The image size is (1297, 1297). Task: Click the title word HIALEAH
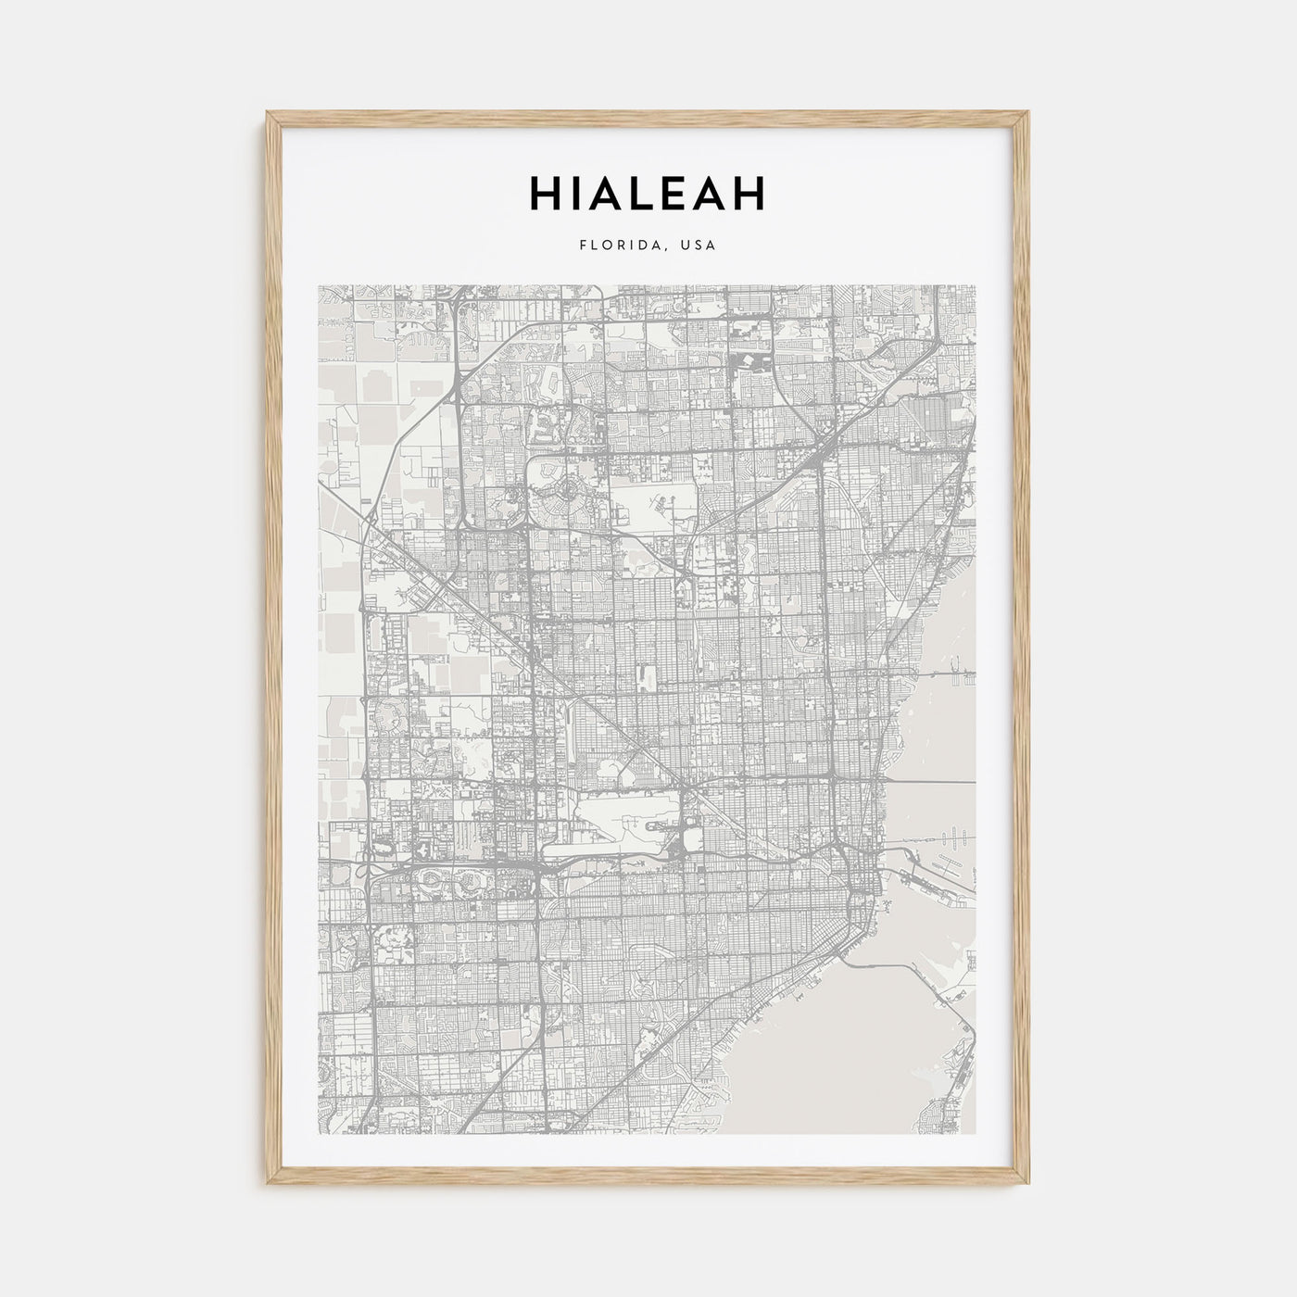[x=648, y=193]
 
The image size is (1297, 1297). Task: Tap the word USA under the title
[x=699, y=246]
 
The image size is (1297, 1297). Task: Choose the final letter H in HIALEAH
[x=749, y=193]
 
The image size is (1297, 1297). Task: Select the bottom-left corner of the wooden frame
[x=268, y=1185]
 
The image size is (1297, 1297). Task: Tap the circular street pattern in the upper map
[x=565, y=485]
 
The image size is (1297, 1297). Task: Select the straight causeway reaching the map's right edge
[x=954, y=672]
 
